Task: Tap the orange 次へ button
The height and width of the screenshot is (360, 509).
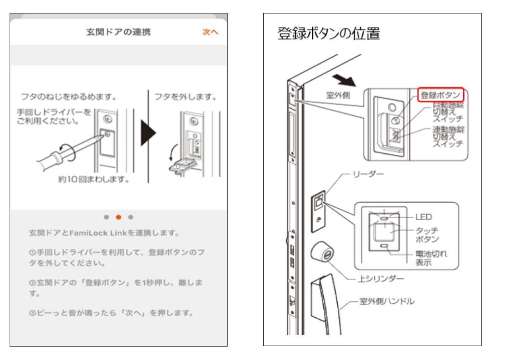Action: [210, 32]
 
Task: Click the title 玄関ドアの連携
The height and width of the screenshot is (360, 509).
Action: [118, 32]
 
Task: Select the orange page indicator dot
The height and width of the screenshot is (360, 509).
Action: [119, 217]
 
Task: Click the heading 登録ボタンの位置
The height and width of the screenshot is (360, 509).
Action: [329, 34]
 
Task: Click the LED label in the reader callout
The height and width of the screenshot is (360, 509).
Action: [423, 217]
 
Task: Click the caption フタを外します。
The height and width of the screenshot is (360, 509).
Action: [185, 97]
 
